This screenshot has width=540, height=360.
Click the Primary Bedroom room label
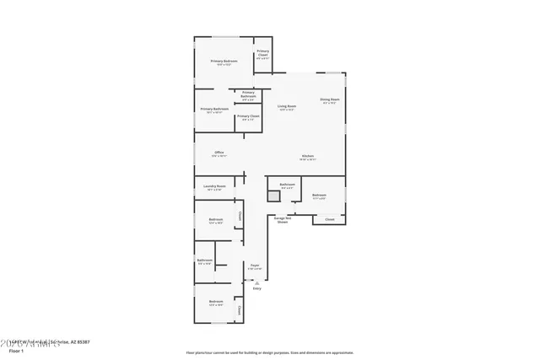pos(224,62)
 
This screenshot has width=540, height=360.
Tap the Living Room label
pos(287,107)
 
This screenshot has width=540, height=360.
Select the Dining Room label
pos(329,101)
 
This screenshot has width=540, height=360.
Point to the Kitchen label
pos(309,157)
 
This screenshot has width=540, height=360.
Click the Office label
pos(219,153)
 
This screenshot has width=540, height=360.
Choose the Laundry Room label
pos(214,186)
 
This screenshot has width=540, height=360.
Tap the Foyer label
pos(254,266)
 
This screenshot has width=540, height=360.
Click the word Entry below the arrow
pos(256,288)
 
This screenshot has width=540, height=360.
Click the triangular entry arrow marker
pos(256,282)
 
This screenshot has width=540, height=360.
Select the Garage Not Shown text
pos(282,219)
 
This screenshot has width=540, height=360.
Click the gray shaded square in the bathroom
pos(273,196)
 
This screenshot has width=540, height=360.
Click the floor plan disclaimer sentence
pos(269,352)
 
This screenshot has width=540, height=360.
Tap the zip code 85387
pos(83,342)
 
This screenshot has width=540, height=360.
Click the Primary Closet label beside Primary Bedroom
pos(262,55)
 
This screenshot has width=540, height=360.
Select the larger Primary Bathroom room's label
pos(214,110)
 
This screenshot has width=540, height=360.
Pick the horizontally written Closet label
pos(329,219)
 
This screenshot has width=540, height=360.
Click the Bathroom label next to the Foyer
pos(204,261)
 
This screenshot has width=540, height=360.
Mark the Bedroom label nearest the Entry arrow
pos(216,301)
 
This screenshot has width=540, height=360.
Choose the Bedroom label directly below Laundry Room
pos(216,220)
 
